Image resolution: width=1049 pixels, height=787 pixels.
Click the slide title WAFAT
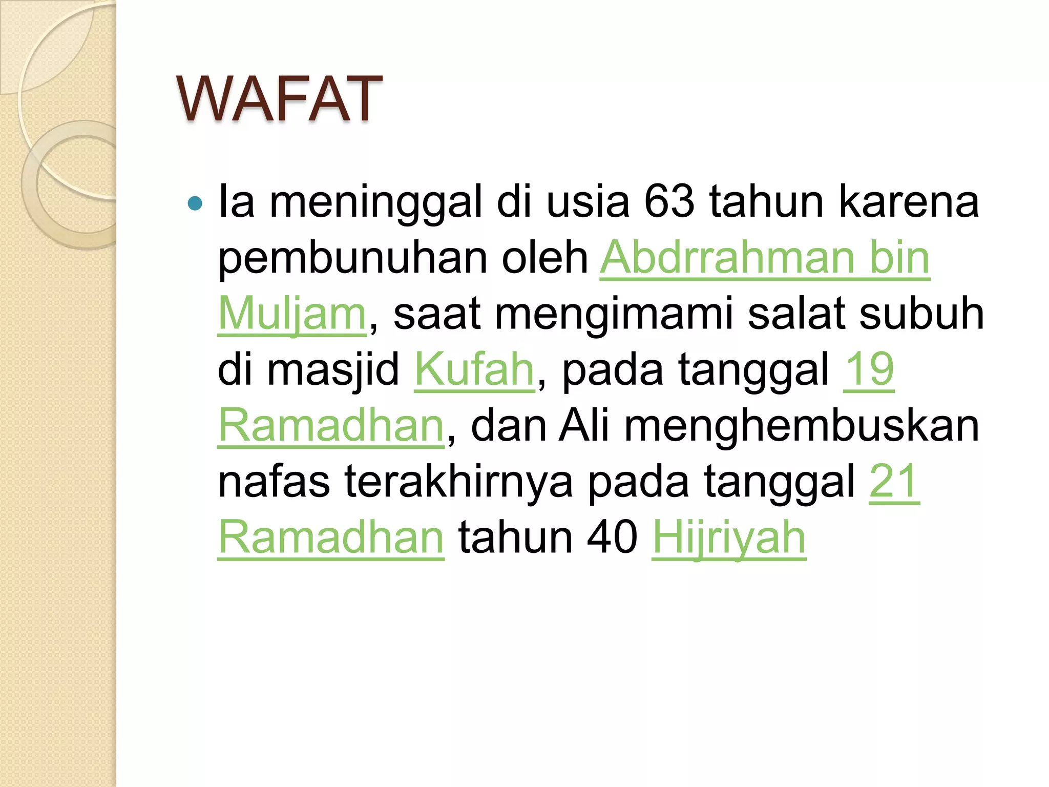coord(279,98)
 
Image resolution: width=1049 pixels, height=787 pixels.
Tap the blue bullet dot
coord(195,203)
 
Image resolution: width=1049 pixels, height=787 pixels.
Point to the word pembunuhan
coord(352,258)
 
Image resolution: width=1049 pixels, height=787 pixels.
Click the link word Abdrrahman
coord(727,258)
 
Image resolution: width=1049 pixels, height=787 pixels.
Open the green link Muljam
coord(292,314)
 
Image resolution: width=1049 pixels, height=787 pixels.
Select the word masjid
coord(333,370)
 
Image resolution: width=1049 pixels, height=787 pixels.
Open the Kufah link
coord(474,369)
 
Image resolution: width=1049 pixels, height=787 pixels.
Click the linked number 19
coord(869,369)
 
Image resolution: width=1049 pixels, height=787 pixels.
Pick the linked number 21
coord(894,481)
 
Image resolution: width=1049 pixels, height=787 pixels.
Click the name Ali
coord(584,425)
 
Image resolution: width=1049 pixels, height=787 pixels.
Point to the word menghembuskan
coord(802,425)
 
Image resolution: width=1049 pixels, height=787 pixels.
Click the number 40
coord(613,537)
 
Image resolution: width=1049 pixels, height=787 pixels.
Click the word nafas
coord(274,481)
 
